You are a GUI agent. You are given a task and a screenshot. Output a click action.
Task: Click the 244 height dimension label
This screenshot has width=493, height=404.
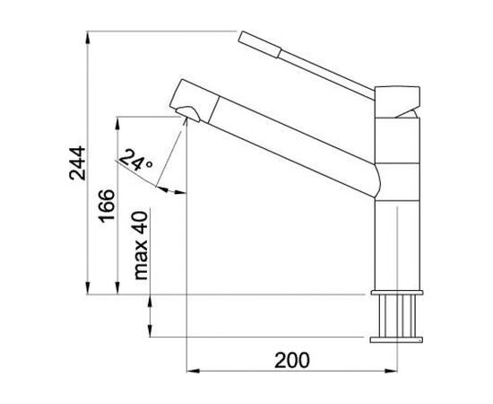(x=77, y=162)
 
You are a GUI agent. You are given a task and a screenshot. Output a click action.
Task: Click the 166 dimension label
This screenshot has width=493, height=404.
(x=107, y=206)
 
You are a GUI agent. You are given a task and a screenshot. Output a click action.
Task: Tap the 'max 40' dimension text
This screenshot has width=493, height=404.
(x=141, y=246)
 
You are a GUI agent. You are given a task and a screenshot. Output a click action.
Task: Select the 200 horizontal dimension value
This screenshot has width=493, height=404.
(x=292, y=360)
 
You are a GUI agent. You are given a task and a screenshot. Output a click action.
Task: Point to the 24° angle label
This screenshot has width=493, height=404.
(x=135, y=160)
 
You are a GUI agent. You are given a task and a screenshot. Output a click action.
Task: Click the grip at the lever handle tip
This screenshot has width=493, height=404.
(x=259, y=44)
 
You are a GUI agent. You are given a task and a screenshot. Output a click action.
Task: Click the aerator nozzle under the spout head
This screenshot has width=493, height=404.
(x=187, y=114)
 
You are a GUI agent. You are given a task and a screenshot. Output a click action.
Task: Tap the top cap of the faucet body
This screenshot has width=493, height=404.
(x=397, y=101)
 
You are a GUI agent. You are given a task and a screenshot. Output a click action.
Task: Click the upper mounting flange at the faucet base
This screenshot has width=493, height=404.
(x=397, y=293)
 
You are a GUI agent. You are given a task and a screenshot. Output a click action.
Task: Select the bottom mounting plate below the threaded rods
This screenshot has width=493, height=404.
(x=396, y=339)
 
